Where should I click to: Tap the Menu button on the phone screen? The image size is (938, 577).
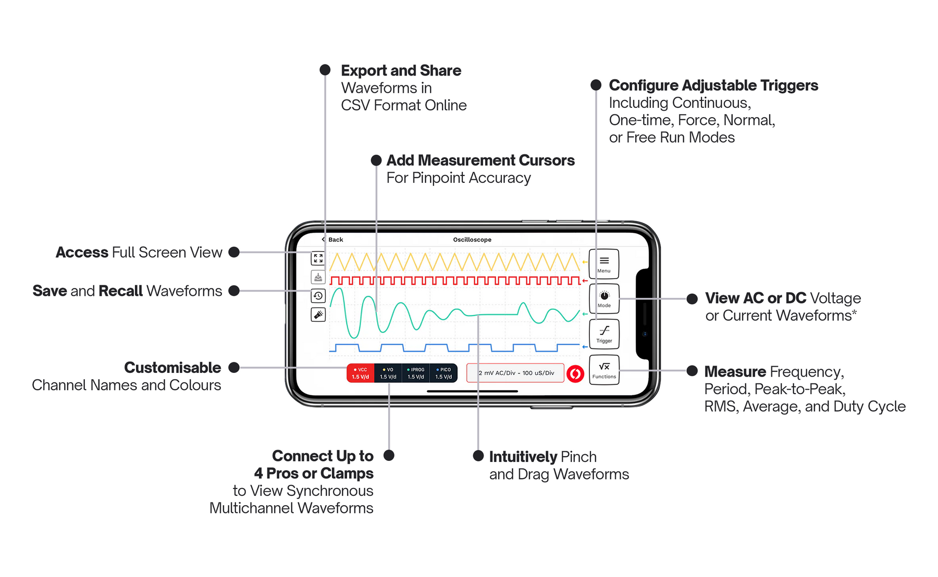603,264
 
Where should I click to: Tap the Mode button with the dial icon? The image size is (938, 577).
603,299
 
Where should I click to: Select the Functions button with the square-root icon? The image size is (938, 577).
603,370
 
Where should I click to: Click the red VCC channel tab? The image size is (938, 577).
360,373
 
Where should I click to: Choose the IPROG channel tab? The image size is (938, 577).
415,373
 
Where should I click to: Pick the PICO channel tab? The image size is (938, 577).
443,373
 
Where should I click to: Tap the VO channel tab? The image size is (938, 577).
388,373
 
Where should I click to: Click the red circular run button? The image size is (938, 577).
575,373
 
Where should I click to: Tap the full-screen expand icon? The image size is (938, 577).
318,258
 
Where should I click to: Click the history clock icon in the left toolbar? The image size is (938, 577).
318,296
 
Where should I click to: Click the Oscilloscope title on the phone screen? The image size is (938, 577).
472,240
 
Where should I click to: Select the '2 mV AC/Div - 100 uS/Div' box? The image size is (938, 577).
515,373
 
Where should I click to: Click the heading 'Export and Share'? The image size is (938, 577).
401,70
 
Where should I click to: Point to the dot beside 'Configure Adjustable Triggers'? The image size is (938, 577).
596,85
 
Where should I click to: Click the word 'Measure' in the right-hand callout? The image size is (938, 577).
735,371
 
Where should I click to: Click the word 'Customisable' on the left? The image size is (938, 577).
172,367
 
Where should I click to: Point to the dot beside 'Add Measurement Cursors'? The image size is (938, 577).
376,160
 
